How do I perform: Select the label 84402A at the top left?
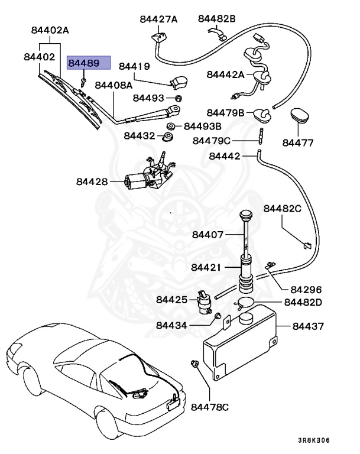point(50,30)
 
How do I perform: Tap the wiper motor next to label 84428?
point(148,175)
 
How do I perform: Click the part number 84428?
point(92,181)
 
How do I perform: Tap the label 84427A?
point(158,19)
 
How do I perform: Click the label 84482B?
point(216,19)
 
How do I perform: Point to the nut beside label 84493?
point(179,98)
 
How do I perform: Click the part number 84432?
point(140,136)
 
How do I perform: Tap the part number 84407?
point(207,235)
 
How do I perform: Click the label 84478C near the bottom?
point(210,407)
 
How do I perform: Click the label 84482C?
point(282,208)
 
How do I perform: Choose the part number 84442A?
point(225,74)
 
